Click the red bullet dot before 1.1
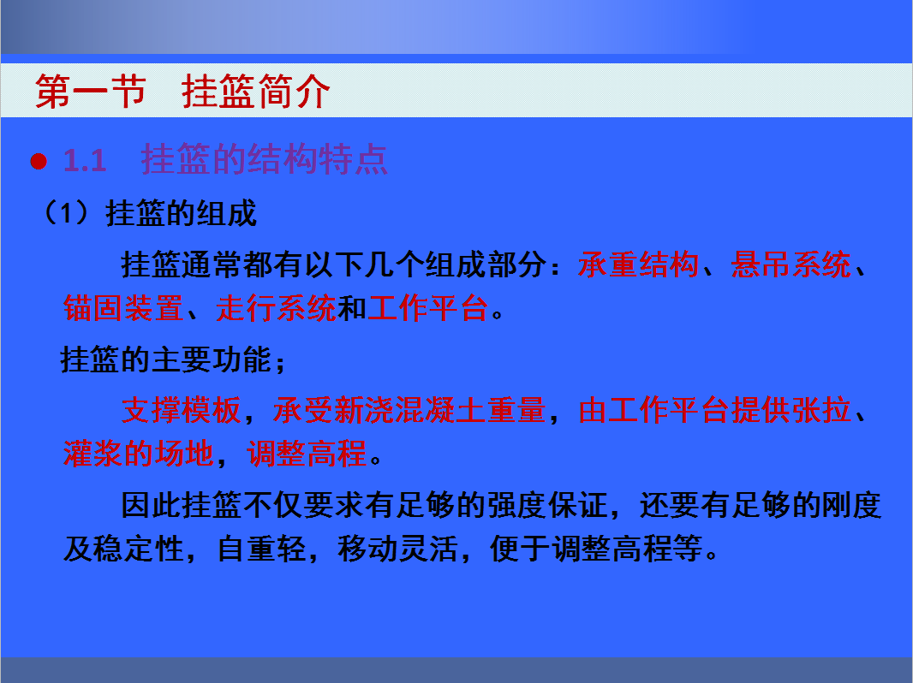pos(39,161)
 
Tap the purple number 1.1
pos(85,161)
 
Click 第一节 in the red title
pos(90,92)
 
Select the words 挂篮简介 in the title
pos(255,92)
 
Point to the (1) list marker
pos(67,213)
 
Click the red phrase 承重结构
pos(638,265)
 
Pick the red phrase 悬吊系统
pos(791,265)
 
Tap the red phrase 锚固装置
pos(123,308)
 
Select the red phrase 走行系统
pos(276,308)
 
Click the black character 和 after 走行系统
pos(352,308)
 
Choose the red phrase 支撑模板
pos(181,410)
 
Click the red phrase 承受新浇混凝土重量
pos(409,410)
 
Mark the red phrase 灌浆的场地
pos(139,454)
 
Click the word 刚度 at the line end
pos(850,505)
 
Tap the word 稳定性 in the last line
pos(139,549)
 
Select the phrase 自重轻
pos(261,549)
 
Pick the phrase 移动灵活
pos(397,549)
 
